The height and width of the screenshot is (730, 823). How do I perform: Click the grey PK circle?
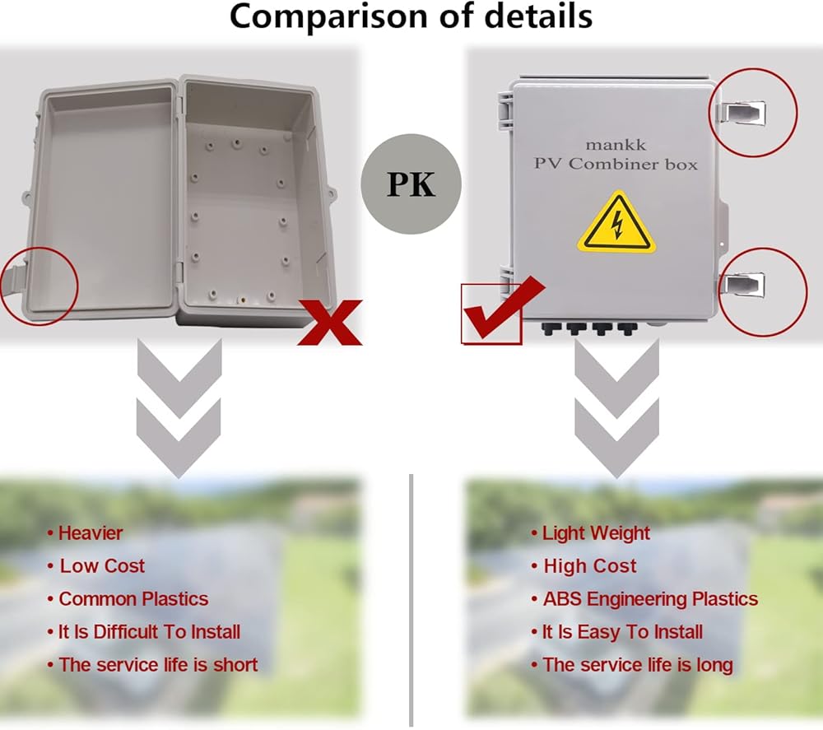(411, 184)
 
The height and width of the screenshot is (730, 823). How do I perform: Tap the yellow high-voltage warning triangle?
(616, 225)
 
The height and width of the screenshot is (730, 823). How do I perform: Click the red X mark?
(330, 322)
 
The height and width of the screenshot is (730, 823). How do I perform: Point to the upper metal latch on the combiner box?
(744, 111)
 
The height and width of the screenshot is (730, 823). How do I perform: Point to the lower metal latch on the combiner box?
(745, 285)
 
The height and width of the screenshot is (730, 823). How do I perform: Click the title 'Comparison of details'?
(411, 16)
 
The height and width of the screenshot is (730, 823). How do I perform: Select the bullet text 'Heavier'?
(90, 533)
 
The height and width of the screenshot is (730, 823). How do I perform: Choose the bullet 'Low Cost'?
(101, 566)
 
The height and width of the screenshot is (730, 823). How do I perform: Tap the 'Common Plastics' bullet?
(133, 599)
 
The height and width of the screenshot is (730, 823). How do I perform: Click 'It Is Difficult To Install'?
(149, 632)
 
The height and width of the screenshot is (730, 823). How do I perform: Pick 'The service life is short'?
(158, 665)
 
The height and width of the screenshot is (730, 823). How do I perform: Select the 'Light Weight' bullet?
(596, 533)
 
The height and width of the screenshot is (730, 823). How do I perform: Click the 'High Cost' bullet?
(589, 566)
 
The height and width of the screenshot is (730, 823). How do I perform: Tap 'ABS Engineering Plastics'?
(650, 599)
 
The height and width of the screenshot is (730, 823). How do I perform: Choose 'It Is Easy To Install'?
(622, 632)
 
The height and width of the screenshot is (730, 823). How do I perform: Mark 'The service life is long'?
(637, 665)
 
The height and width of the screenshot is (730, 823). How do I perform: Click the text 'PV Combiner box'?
(616, 164)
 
